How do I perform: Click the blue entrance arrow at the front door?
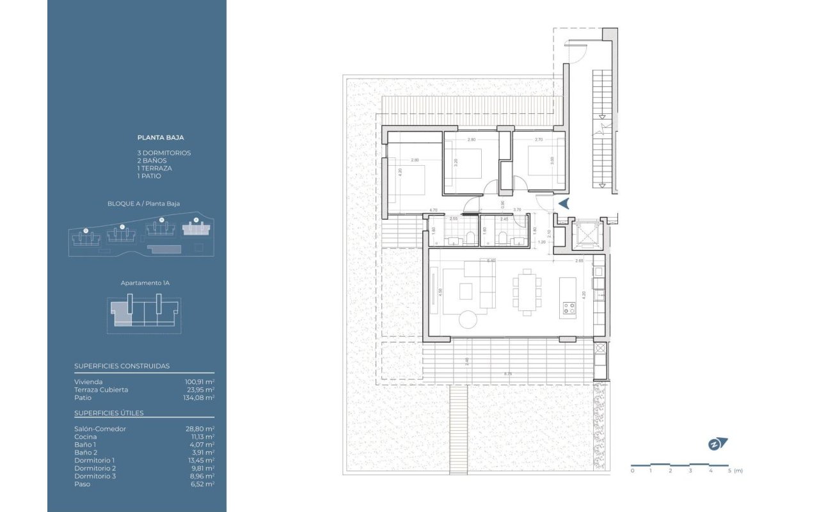coord(564,204)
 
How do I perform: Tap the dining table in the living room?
coord(527,292)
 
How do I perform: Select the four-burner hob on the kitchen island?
coord(568,309)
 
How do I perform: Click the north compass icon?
coord(717,444)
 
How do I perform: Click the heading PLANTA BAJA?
coord(161,137)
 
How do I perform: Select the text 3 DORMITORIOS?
coord(164,153)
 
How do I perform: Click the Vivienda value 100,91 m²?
coord(200,382)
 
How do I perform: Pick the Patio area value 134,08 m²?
coord(198,397)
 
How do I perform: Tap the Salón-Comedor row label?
coord(100,429)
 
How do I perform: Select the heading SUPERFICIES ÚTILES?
coord(109,413)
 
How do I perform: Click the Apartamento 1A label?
coord(145,282)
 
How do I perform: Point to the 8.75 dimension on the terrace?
coord(507,373)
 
